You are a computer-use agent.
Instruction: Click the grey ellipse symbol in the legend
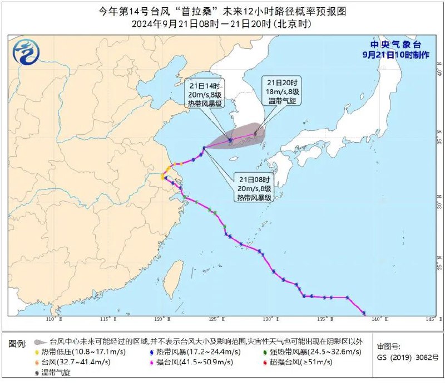(x=38, y=342)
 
